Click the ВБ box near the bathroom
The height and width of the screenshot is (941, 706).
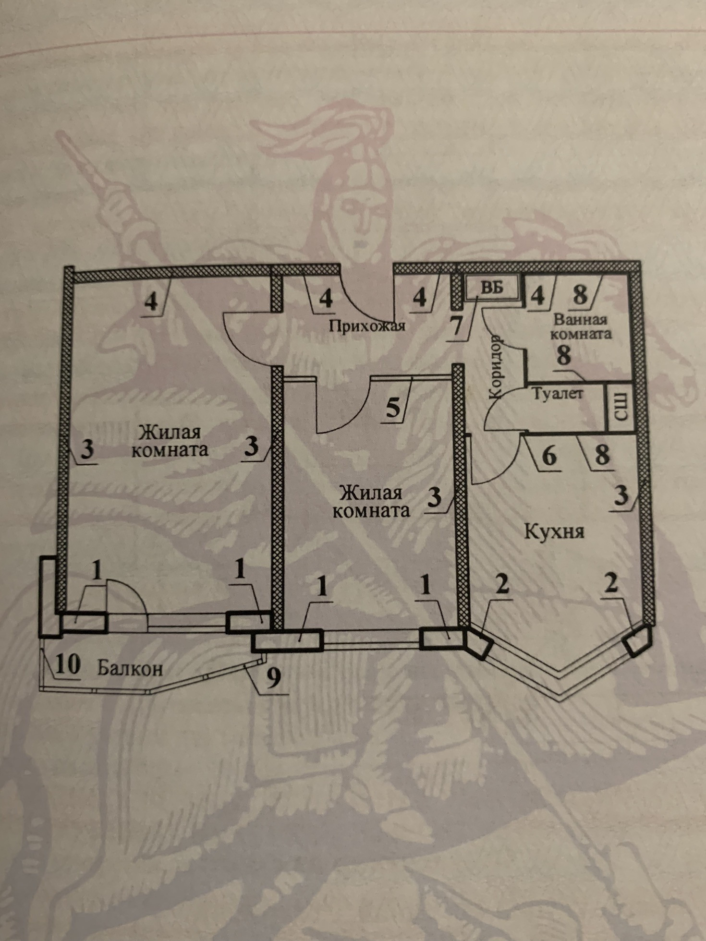pyautogui.click(x=493, y=288)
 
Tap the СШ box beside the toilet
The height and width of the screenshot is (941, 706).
pyautogui.click(x=621, y=407)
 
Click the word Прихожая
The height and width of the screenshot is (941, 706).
pyautogui.click(x=367, y=326)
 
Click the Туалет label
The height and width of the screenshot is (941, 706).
pyautogui.click(x=558, y=394)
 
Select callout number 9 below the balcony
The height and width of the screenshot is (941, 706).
pyautogui.click(x=273, y=678)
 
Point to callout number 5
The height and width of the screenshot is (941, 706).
pyautogui.click(x=393, y=408)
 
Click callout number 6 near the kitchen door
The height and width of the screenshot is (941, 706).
pyautogui.click(x=549, y=455)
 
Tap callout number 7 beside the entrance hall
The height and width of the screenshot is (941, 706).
pyautogui.click(x=456, y=326)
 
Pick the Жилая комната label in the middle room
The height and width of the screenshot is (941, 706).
pyautogui.click(x=371, y=502)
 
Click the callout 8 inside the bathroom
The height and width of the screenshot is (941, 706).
pyautogui.click(x=564, y=356)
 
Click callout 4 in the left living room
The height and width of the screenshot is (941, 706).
pyautogui.click(x=151, y=302)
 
